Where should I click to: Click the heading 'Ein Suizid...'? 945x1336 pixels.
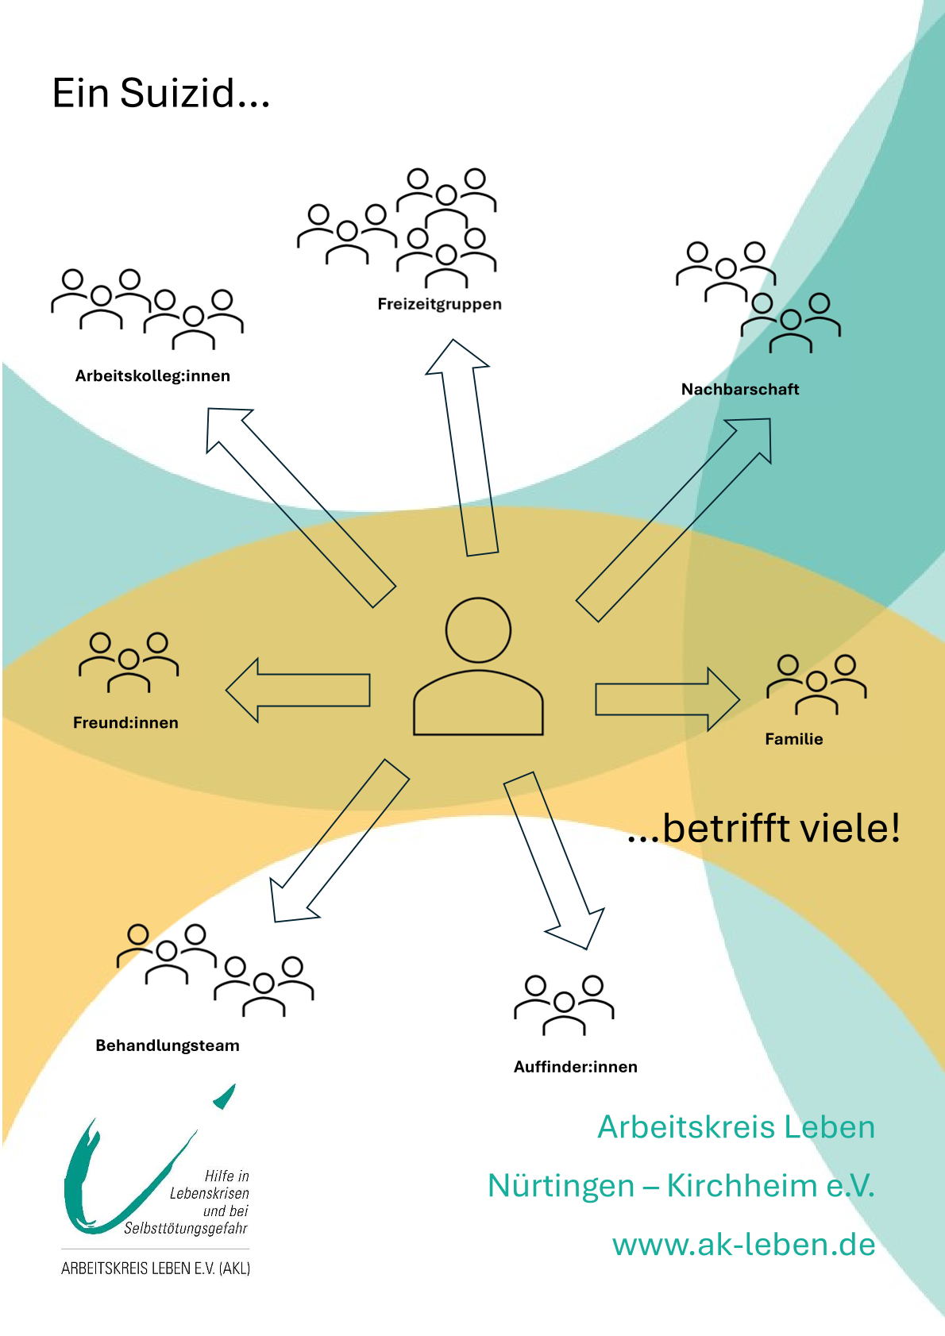coord(161,94)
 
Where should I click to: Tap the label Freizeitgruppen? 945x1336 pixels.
coord(439,304)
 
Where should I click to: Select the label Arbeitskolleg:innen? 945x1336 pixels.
coord(152,376)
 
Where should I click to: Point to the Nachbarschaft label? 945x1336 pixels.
coord(739,390)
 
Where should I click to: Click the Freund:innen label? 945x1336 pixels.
coord(125,723)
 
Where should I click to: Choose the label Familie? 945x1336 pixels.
coord(793,739)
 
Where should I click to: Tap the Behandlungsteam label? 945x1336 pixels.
coord(167,1045)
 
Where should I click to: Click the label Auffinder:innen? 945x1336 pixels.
coord(575,1067)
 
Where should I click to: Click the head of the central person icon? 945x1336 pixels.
coord(478,630)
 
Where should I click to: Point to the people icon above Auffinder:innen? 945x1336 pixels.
coord(564,1005)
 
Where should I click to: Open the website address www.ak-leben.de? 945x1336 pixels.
coord(743,1244)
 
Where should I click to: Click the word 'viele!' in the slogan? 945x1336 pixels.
coord(850,828)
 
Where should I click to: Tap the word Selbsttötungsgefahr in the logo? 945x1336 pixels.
coord(185,1229)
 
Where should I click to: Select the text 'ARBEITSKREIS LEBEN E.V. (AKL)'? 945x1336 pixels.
coord(156,1269)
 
